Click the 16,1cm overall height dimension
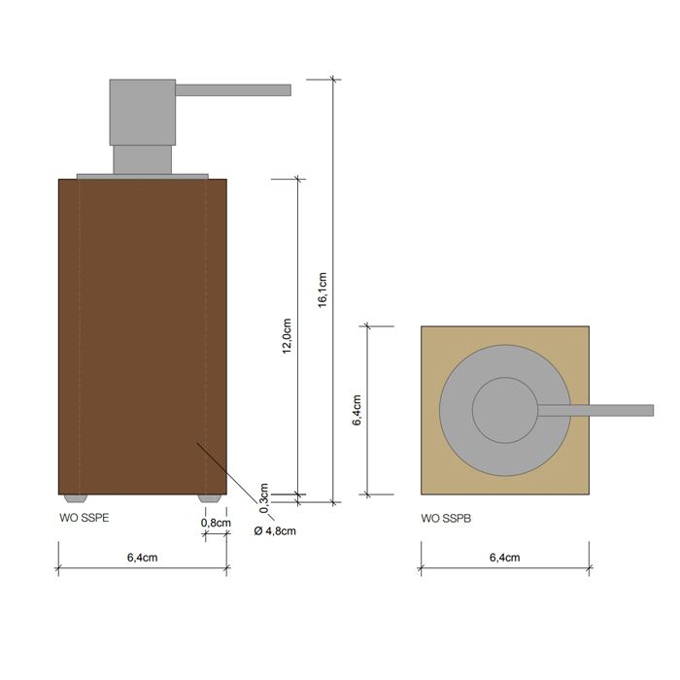pos(323,289)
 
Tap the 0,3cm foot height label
pos(263,495)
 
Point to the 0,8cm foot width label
pos(216,523)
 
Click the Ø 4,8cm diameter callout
pos(274,530)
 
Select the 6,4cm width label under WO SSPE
pos(142,558)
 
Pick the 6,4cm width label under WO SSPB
pos(504,558)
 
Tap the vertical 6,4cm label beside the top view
pos(357,410)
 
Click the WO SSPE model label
pos(84,519)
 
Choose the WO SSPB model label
pos(445,519)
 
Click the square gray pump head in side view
pos(142,112)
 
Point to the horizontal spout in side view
pos(233,90)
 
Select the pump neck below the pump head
pos(142,159)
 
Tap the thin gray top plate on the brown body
pos(142,176)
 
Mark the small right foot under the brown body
pos(208,497)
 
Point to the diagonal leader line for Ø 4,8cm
pos(228,471)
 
